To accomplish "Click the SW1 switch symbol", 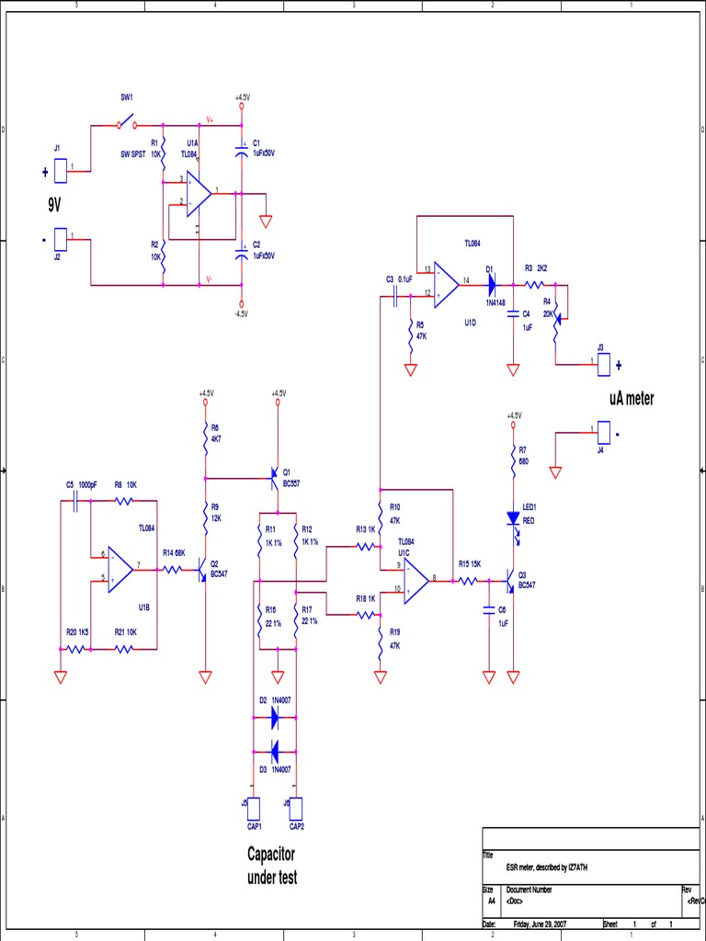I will coord(126,124).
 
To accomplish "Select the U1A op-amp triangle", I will coord(198,194).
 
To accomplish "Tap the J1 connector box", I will coord(60,170).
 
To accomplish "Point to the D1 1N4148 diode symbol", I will coord(492,284).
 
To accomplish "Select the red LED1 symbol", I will coord(514,517).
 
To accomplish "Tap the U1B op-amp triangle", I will coord(120,569).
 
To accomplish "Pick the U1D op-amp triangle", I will coord(447,283).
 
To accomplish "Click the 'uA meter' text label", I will coord(631,399).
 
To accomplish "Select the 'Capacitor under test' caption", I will coord(271,865).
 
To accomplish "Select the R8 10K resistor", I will coord(124,501).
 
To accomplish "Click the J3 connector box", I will coord(604,364).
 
